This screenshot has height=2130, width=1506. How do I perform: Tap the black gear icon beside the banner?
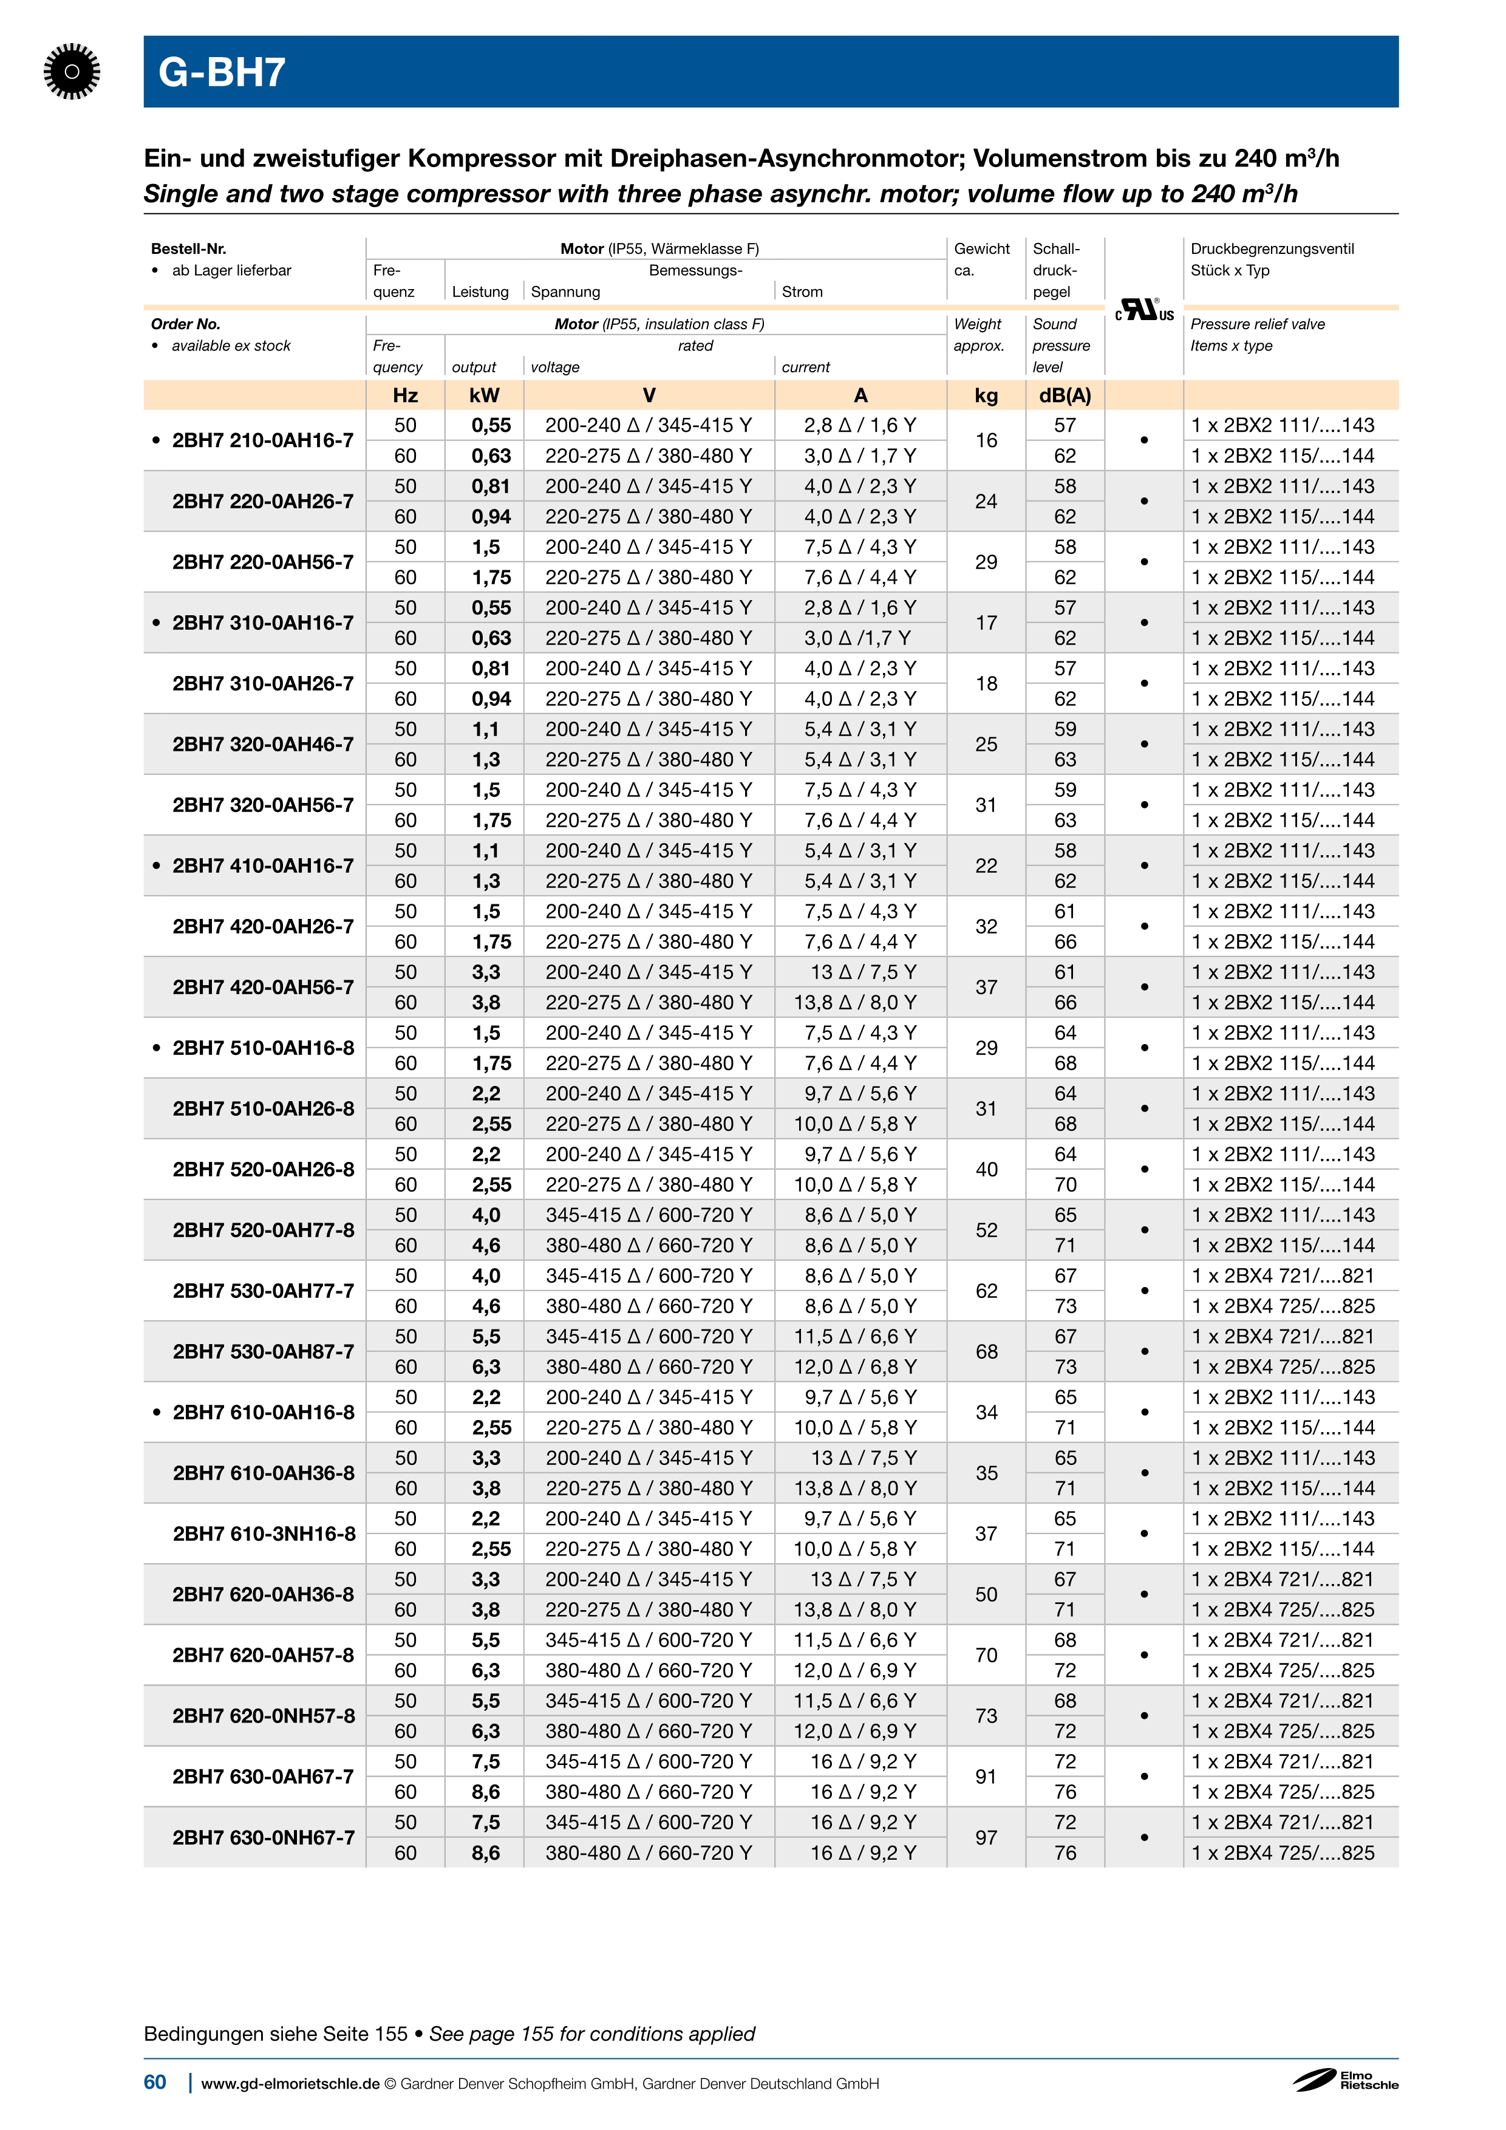(72, 72)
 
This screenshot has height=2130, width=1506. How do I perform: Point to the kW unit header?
(484, 395)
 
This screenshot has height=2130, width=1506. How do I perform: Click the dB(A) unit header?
(1065, 395)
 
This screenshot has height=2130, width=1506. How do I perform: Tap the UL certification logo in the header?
(1143, 310)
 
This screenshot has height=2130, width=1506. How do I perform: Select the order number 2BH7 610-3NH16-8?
(264, 1534)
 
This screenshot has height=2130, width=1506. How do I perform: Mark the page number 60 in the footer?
(155, 2082)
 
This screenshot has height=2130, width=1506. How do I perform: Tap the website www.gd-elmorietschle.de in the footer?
(290, 2084)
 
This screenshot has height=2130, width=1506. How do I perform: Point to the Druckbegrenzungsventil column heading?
(1272, 248)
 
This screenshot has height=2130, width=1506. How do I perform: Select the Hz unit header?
(405, 395)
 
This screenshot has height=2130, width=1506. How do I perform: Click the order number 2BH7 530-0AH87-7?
(264, 1351)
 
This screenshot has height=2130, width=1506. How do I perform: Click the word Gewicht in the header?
(981, 248)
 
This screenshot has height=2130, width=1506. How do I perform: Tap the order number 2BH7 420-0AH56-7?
(264, 987)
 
